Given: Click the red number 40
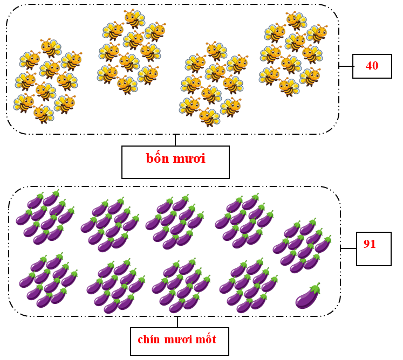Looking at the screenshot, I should tap(372, 66).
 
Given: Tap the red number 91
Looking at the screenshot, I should tap(370, 244).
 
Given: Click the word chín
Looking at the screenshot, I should tap(148, 340).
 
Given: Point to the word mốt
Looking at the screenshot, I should tap(206, 340).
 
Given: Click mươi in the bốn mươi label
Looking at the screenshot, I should tap(190, 158).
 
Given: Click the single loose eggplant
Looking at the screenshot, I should tap(308, 296).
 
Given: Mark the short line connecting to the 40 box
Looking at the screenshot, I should tap(346, 66).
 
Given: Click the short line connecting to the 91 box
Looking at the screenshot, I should tap(349, 248).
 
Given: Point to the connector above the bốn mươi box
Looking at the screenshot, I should tap(175, 140).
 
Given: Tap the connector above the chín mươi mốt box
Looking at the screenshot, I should tap(177, 322).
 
